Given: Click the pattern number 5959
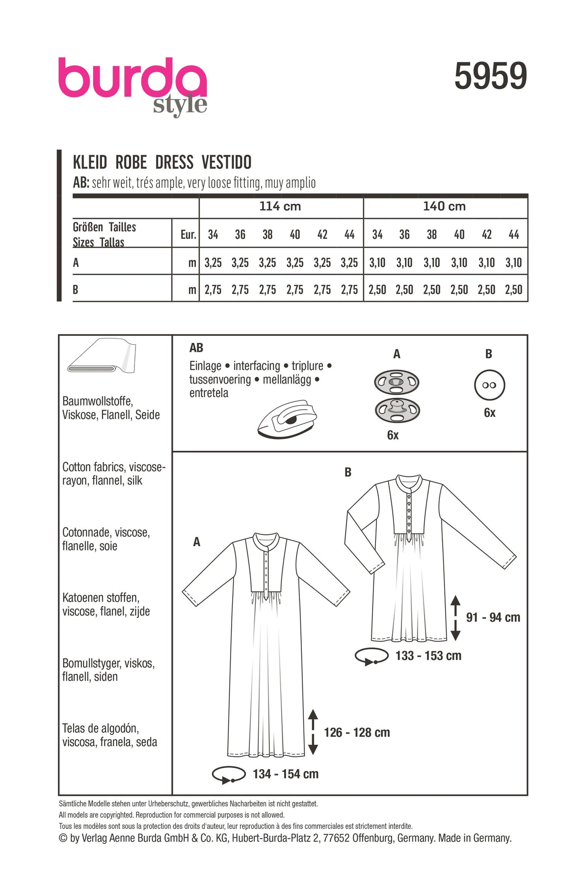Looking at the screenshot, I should (490, 77).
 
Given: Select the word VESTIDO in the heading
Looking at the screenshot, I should (226, 162).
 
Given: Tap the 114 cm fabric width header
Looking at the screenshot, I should (280, 206).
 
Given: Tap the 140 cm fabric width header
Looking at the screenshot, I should (444, 206).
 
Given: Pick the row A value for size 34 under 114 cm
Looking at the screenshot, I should (213, 263).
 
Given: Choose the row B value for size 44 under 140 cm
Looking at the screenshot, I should (513, 290).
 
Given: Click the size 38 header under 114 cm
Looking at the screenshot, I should (267, 235).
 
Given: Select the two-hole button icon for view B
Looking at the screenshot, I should (489, 386).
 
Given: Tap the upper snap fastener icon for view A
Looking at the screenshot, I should (397, 382).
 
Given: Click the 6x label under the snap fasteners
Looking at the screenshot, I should (393, 435).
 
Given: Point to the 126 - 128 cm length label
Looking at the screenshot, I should (357, 733).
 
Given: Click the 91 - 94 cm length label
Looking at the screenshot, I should (493, 617).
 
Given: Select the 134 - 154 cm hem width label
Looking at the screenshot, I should (285, 774).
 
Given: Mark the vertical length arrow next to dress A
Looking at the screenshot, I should (313, 732).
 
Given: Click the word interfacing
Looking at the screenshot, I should (256, 366).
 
